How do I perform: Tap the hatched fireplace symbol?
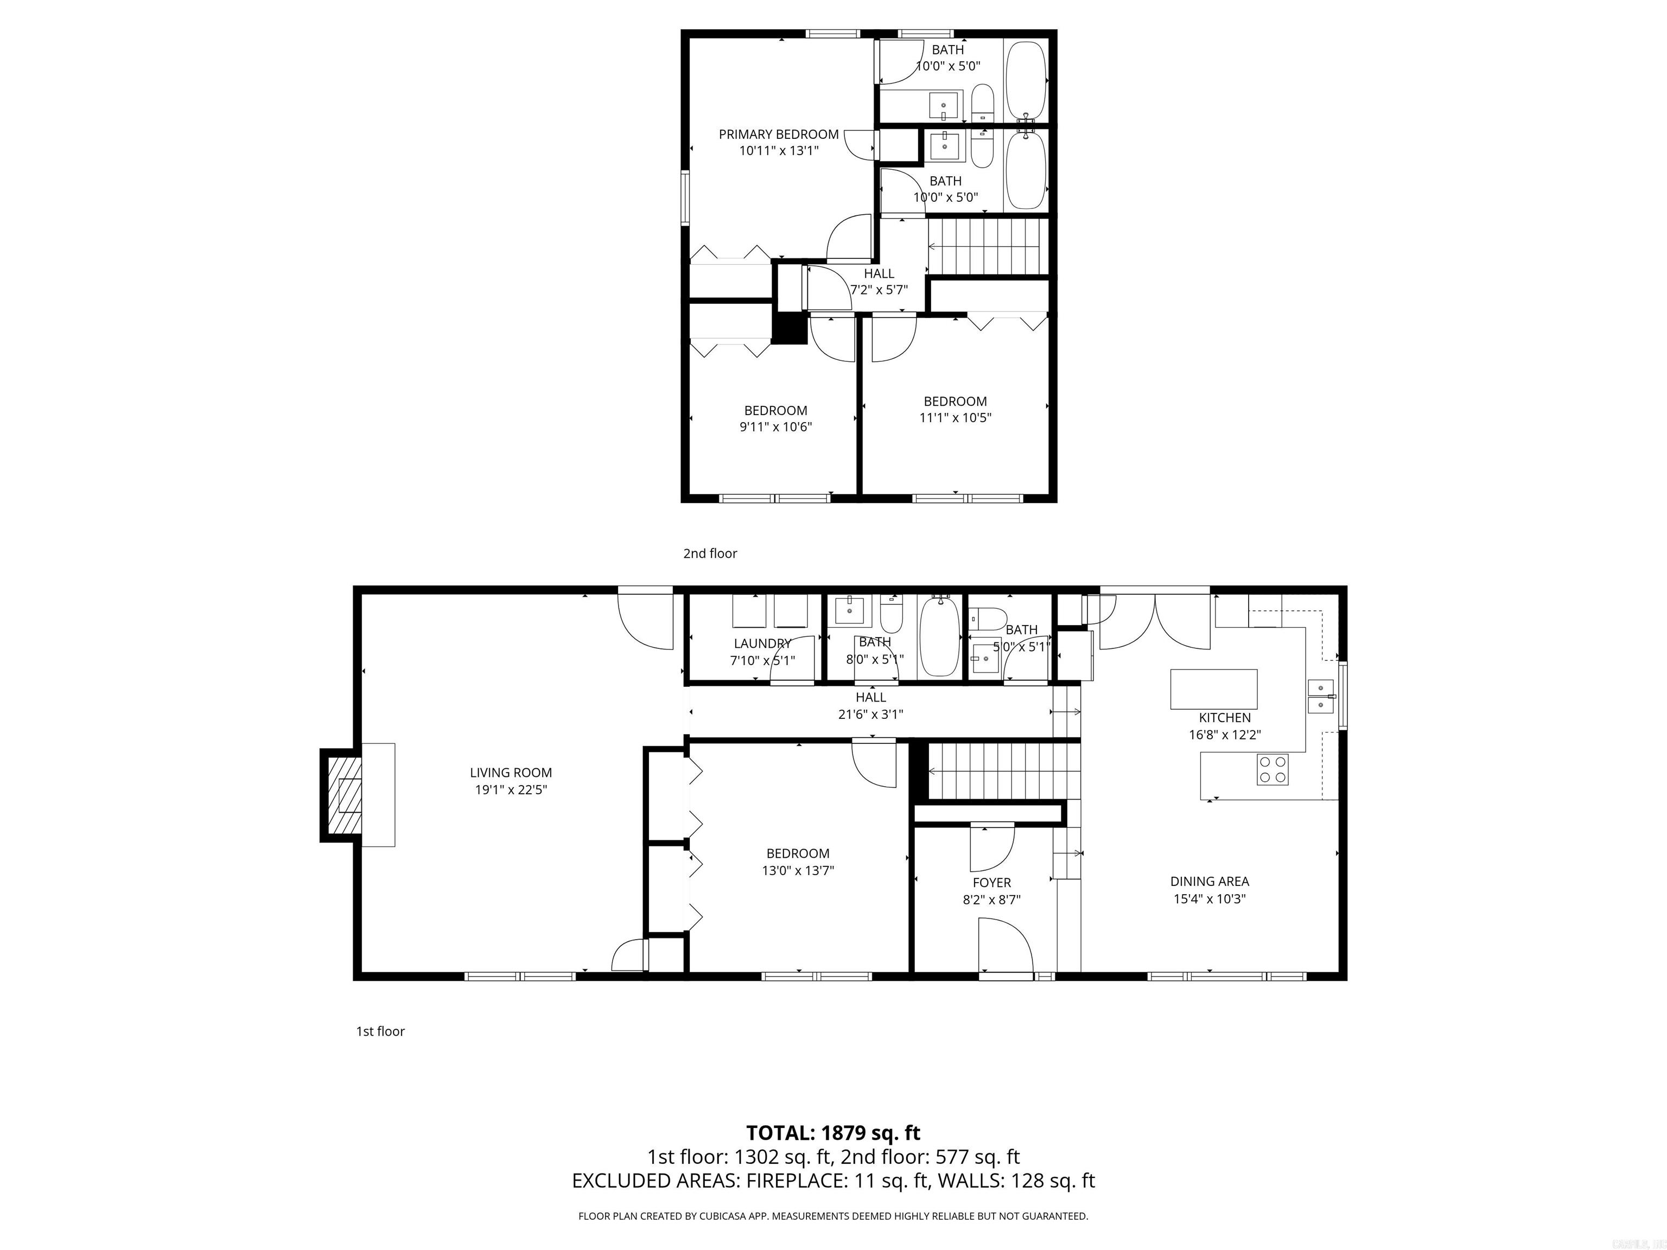tap(342, 795)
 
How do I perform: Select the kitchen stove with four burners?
tap(1272, 769)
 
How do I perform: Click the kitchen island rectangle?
tap(1213, 688)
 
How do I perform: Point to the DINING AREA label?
tap(1209, 881)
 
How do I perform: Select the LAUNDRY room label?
tap(762, 643)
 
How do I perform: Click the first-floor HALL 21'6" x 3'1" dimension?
tap(870, 713)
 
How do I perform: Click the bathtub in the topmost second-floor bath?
tap(1026, 76)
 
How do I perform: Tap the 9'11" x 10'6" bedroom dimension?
tap(775, 426)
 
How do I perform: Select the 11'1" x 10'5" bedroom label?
tap(955, 401)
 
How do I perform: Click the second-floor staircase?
tap(983, 246)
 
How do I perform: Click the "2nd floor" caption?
tap(710, 553)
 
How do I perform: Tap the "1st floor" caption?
tap(380, 1031)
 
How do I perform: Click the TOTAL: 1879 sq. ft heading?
tap(833, 1132)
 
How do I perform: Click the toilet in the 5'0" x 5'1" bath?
tap(989, 620)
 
